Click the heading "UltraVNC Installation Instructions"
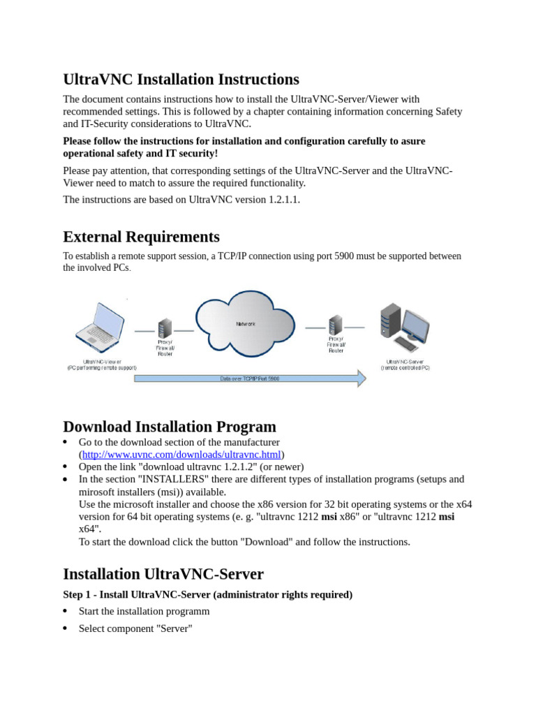(x=181, y=80)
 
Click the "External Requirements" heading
(x=141, y=237)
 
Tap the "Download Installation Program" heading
(x=170, y=427)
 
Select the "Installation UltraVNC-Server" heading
(x=163, y=574)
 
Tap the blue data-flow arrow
(x=250, y=379)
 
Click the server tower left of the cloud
(x=165, y=329)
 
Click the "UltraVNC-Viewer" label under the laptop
(x=102, y=362)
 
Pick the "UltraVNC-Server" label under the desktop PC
(x=405, y=362)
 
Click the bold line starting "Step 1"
(x=207, y=594)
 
